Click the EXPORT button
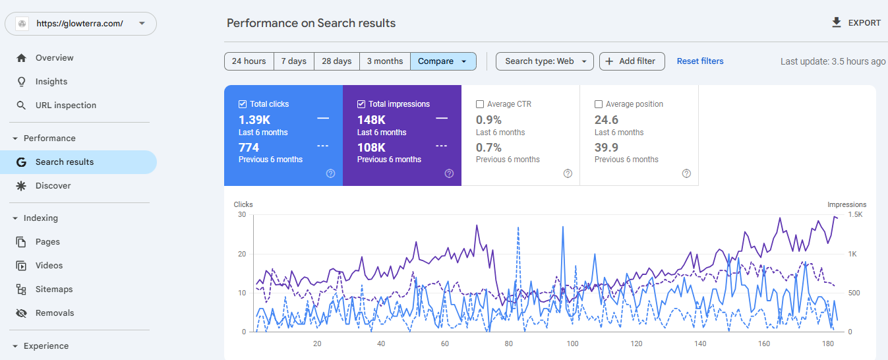[x=856, y=22]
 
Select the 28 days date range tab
[x=337, y=61]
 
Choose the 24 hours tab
[x=249, y=61]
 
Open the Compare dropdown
[x=443, y=61]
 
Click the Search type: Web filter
[x=545, y=61]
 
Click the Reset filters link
[x=699, y=61]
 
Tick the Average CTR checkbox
[x=480, y=104]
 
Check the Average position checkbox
[x=598, y=104]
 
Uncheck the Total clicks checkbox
[x=242, y=104]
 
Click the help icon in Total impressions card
[x=449, y=173]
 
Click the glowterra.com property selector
[x=80, y=23]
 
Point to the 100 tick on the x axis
[x=572, y=344]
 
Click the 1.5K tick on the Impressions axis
[x=855, y=214]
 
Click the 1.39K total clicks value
[x=254, y=119]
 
